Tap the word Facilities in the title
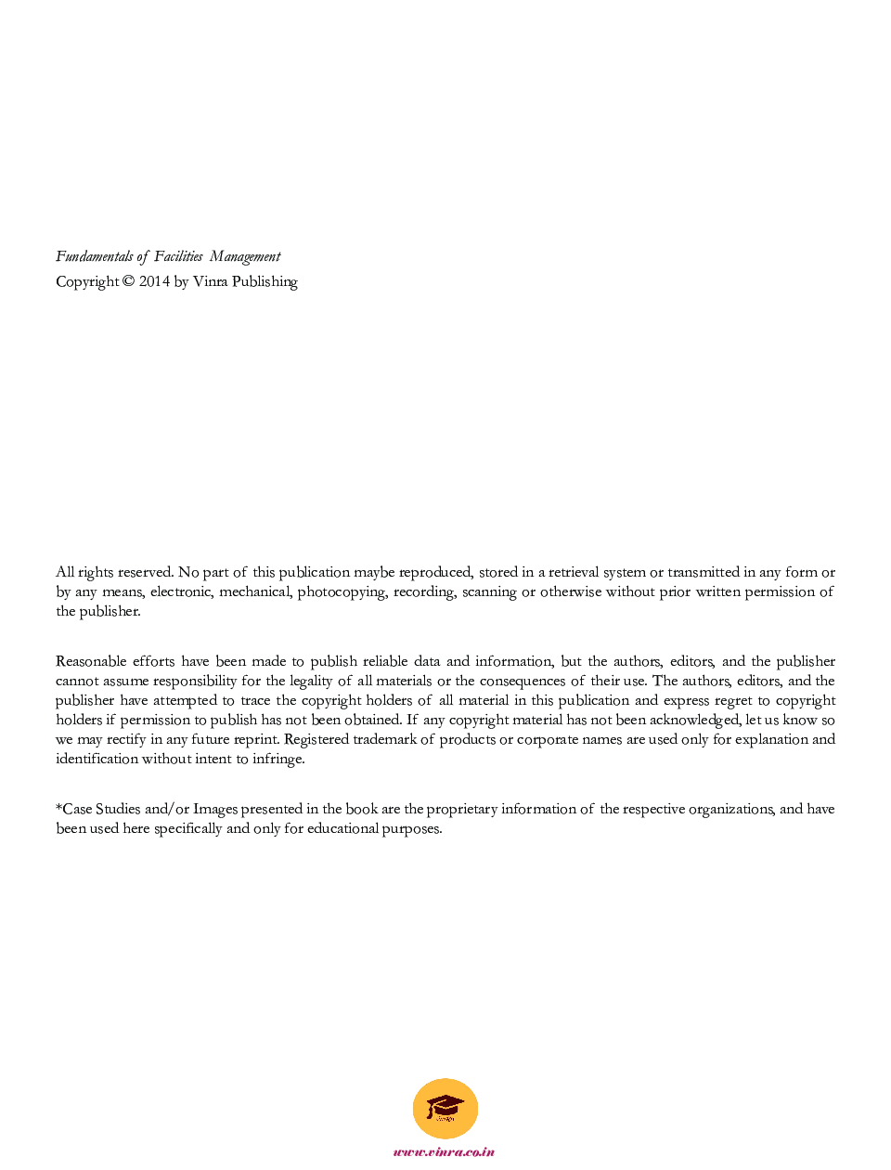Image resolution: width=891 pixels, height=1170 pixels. click(x=178, y=257)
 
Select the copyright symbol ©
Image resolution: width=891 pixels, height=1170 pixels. click(x=128, y=281)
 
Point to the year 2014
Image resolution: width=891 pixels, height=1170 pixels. click(x=154, y=281)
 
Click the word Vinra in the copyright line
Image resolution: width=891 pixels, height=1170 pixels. click(x=211, y=281)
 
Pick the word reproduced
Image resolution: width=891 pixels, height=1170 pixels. click(x=435, y=573)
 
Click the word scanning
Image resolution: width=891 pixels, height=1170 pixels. click(x=489, y=592)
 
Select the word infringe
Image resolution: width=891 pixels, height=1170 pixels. click(x=278, y=760)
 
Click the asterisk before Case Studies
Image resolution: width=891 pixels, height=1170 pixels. click(x=58, y=808)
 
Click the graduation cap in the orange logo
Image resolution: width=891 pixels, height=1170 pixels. click(x=445, y=1106)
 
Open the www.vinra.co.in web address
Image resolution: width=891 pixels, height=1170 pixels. click(x=444, y=1152)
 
